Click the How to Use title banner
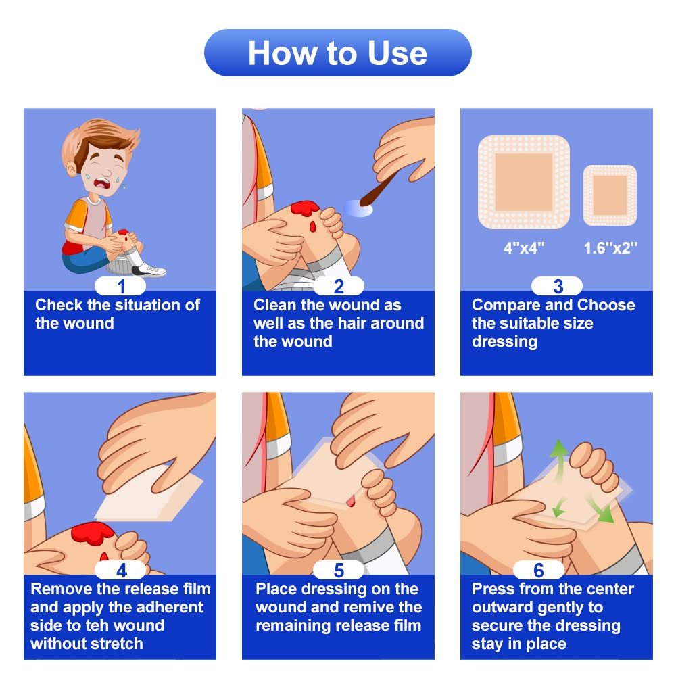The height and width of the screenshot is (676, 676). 337,53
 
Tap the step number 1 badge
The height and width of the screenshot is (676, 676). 120,286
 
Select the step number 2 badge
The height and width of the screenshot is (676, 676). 339,286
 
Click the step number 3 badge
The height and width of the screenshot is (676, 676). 557,286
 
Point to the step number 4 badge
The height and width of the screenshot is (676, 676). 120,570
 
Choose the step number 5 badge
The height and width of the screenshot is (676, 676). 339,570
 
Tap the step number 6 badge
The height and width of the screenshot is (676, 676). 539,570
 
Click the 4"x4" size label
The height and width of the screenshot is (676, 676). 524,248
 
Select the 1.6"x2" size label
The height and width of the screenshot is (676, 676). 610,248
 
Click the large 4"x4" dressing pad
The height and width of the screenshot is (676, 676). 524,182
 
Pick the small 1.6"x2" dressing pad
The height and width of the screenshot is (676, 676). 610,195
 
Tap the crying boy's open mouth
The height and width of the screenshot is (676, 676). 103,183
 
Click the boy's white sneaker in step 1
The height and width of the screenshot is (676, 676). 149,270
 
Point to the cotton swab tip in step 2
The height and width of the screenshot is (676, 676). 358,208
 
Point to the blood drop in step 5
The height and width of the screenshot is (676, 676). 350,500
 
